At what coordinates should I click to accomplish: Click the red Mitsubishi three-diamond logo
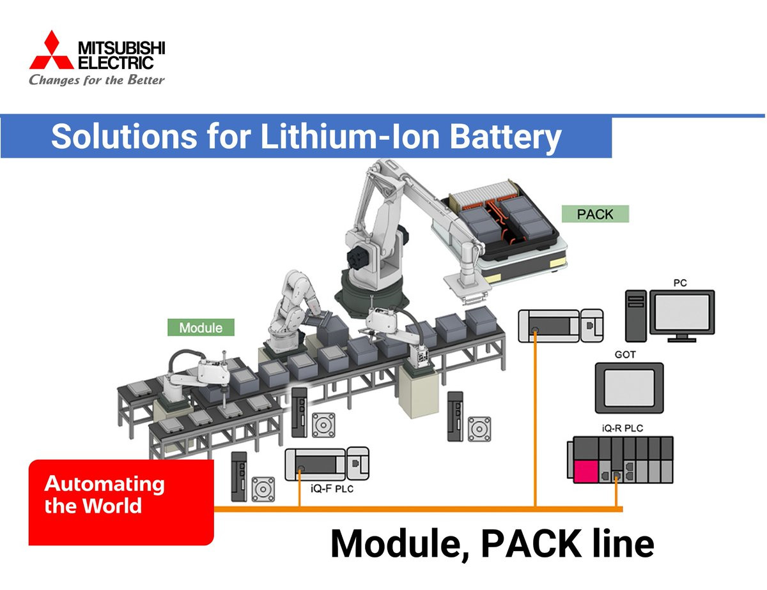(51, 52)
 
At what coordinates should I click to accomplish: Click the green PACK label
(594, 214)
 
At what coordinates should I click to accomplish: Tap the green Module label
(201, 328)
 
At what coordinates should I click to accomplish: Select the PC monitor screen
(682, 312)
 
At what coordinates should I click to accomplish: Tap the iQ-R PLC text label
(622, 428)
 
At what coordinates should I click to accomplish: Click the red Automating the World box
(121, 501)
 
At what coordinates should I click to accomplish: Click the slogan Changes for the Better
(97, 80)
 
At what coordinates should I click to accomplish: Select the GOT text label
(624, 354)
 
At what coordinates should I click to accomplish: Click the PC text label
(680, 282)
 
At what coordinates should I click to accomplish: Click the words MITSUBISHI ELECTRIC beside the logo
(121, 55)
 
